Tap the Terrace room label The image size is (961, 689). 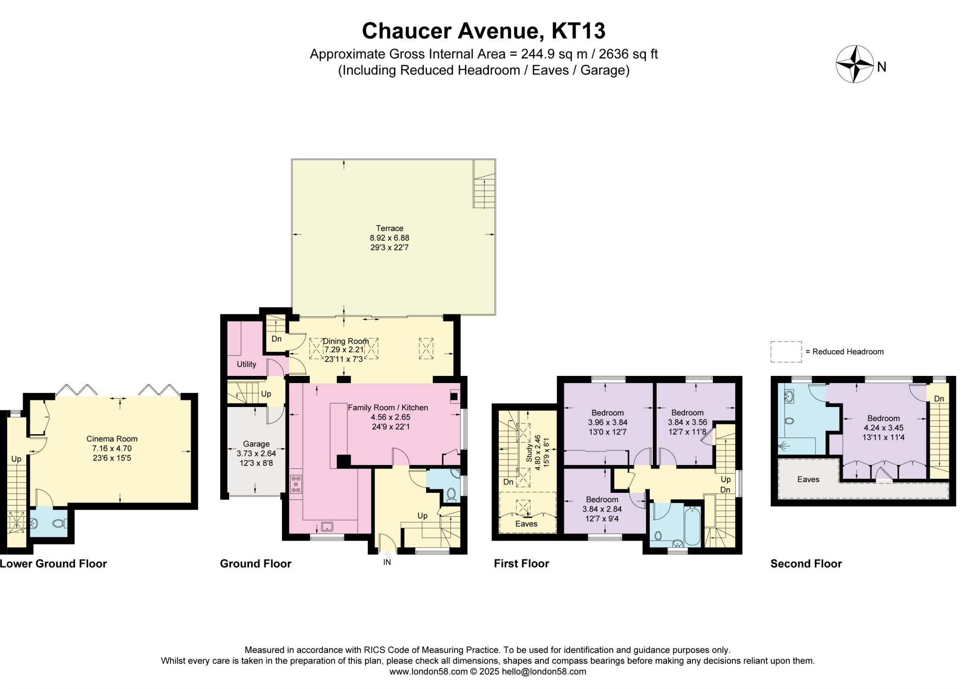click(389, 229)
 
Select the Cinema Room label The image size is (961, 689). click(112, 439)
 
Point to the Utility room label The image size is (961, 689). click(246, 364)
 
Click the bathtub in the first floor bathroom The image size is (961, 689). click(692, 526)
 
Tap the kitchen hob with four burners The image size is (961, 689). click(296, 484)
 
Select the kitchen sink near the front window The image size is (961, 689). click(327, 526)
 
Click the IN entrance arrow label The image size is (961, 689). click(387, 562)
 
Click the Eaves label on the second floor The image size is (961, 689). click(808, 479)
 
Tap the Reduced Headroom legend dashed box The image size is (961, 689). click(786, 352)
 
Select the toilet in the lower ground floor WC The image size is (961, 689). click(59, 523)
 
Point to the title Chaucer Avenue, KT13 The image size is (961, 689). click(483, 31)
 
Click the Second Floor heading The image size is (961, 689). click(806, 564)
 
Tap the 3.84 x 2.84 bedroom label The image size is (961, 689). click(602, 509)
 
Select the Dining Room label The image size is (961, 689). click(346, 341)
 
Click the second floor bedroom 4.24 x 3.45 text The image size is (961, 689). click(884, 428)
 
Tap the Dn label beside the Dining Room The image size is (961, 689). click(276, 339)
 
